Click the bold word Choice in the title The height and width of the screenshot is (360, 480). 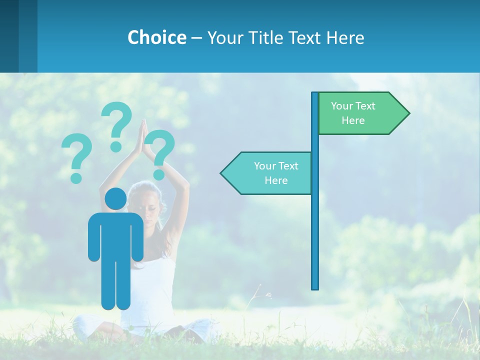point(156,37)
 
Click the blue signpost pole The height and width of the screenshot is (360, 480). point(315,225)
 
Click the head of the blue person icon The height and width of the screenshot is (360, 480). point(115,199)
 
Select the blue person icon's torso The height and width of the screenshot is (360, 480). point(115,235)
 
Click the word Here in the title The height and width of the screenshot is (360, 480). point(345,38)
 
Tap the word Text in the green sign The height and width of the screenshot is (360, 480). point(365,106)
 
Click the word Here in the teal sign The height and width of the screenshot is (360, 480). point(276,180)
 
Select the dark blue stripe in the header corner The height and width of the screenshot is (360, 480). point(9,36)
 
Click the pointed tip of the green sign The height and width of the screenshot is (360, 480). point(407,113)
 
